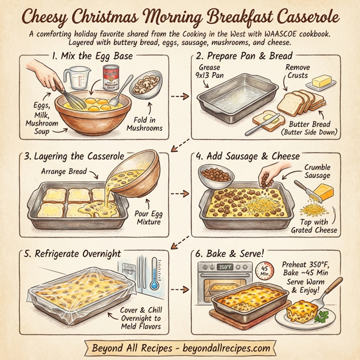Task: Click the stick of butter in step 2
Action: [322, 81]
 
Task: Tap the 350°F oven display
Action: [226, 266]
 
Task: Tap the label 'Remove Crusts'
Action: [298, 72]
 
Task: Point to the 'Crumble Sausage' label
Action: [316, 172]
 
